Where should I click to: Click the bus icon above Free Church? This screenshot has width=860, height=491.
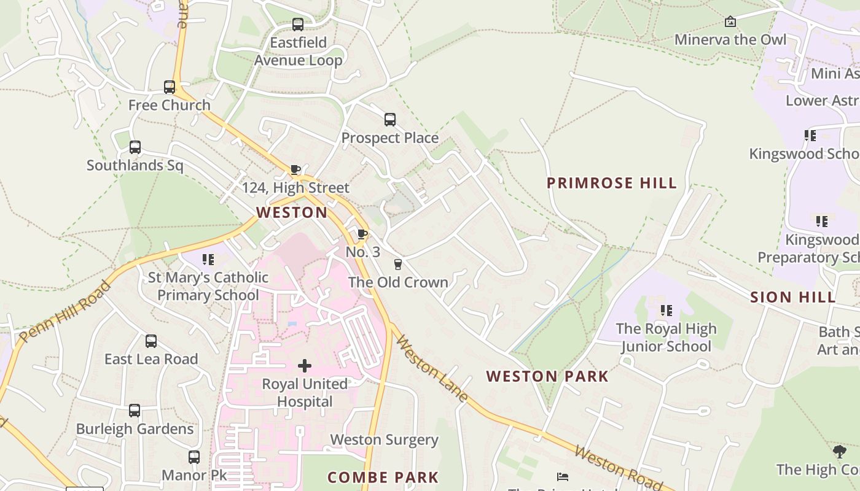pos(170,87)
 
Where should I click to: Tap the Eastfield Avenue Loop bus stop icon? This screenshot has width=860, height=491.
pos(298,25)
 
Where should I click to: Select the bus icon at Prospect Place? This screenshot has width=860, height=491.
pos(390,120)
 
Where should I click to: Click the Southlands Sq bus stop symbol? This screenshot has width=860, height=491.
pos(135,147)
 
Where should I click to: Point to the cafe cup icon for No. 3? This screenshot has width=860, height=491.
pos(362,234)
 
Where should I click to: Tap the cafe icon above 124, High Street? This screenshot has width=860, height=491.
pos(295,169)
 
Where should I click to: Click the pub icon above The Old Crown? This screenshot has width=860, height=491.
pos(398,265)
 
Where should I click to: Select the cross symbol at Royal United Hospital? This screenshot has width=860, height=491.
pos(305,366)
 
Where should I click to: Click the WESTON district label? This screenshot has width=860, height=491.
pos(292,213)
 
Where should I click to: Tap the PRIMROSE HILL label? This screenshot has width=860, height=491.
pos(612,183)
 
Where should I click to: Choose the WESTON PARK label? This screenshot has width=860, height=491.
pos(547,376)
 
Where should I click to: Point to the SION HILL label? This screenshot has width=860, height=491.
pos(792,298)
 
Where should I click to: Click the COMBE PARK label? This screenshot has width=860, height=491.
pos(383,477)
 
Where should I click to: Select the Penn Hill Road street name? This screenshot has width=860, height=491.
pos(65,312)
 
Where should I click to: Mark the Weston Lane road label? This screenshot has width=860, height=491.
pos(431,368)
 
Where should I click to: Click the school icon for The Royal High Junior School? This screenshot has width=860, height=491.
pos(666,311)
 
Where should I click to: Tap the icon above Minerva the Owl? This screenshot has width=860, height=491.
pos(730,22)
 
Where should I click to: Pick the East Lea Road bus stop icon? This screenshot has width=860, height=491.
pos(151,341)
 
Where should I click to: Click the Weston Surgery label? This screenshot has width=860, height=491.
pos(385,440)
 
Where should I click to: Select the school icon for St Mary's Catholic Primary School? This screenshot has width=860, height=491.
pos(208,260)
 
